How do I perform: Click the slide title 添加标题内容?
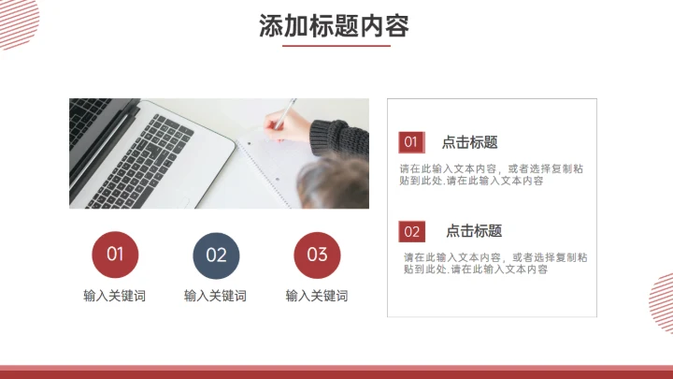click(x=335, y=26)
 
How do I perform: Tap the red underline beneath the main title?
click(x=335, y=45)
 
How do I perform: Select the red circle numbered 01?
click(x=115, y=255)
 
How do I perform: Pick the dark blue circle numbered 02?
click(x=216, y=255)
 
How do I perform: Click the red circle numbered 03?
click(x=317, y=255)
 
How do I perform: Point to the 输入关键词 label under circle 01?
click(x=115, y=296)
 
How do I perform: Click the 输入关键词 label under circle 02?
click(x=216, y=296)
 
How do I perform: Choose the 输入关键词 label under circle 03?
click(x=317, y=296)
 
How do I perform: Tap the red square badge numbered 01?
click(x=411, y=142)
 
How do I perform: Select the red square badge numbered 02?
click(x=412, y=231)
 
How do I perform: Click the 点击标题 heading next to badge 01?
click(x=469, y=142)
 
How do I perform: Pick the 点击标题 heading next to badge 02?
click(x=473, y=231)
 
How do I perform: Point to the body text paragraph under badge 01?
click(x=491, y=175)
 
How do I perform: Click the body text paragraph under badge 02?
click(x=495, y=263)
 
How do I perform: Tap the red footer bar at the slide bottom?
click(x=336, y=372)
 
